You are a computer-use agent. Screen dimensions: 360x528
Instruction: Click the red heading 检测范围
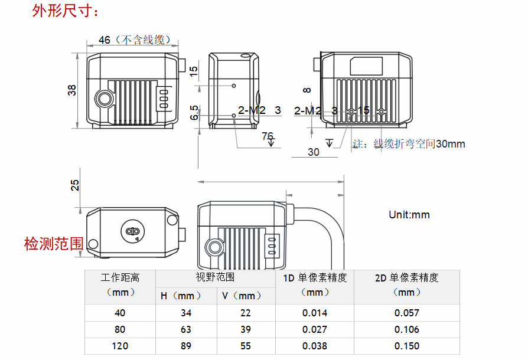click(x=53, y=244)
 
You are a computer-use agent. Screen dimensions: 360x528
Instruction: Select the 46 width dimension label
click(x=105, y=40)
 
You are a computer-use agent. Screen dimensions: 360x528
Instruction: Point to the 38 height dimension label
click(x=72, y=90)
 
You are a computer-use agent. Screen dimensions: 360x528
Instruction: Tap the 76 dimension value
click(x=268, y=136)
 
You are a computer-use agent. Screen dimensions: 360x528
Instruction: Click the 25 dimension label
click(x=75, y=185)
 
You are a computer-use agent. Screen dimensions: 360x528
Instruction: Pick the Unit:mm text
click(x=409, y=215)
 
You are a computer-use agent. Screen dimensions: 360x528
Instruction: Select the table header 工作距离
click(x=120, y=277)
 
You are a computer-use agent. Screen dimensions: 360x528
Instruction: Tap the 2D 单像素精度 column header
click(x=406, y=278)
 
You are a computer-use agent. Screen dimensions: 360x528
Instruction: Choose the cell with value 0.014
click(x=314, y=313)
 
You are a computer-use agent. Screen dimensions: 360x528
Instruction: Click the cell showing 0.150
click(x=406, y=346)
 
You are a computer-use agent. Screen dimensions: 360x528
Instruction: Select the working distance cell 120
click(x=120, y=346)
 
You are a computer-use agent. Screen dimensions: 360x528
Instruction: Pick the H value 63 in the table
click(x=186, y=329)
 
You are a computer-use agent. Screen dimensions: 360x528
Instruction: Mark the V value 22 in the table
click(x=246, y=313)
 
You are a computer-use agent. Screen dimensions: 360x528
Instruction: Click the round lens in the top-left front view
click(x=105, y=99)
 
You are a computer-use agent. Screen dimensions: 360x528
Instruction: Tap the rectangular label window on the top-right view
click(x=366, y=66)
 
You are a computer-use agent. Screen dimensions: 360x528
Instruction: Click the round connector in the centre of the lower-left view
click(x=132, y=231)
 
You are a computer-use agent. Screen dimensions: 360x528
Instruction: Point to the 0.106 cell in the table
click(x=406, y=329)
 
